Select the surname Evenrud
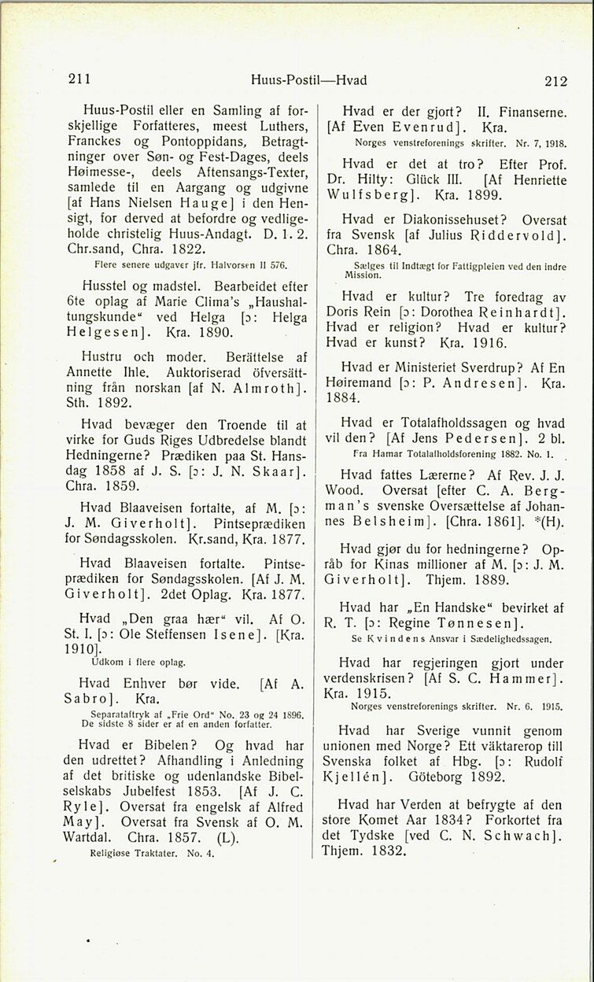434,127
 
